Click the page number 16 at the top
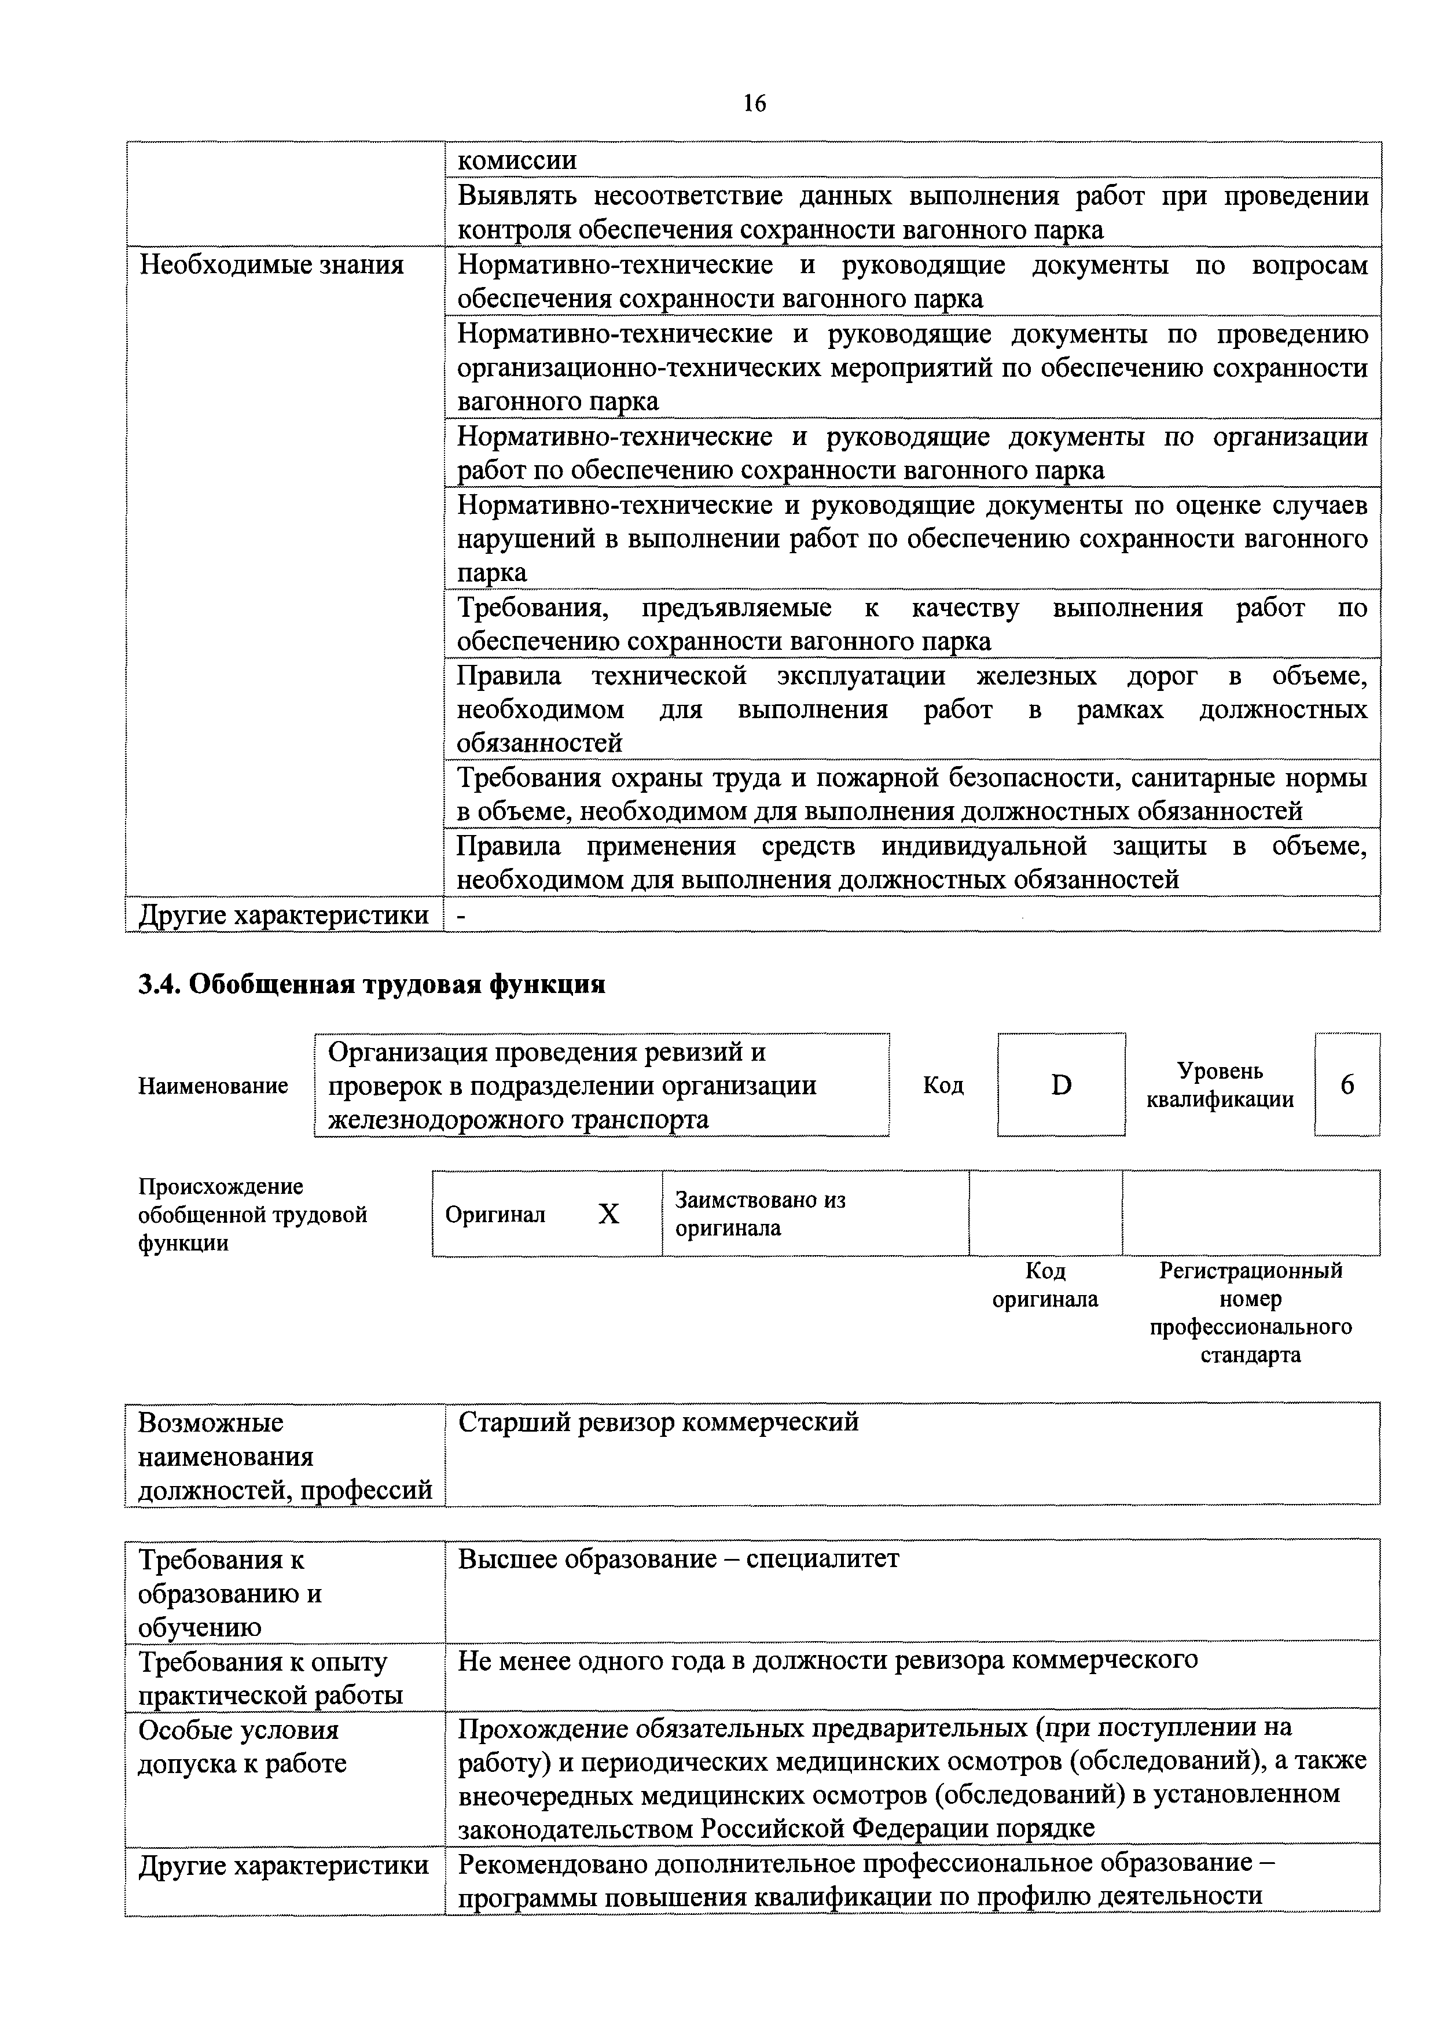tap(754, 104)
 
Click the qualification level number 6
tap(1347, 1085)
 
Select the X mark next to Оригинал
tap(608, 1214)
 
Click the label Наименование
tap(213, 1086)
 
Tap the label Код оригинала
tap(1045, 1285)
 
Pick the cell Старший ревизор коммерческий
tap(658, 1422)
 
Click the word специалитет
tap(822, 1559)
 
